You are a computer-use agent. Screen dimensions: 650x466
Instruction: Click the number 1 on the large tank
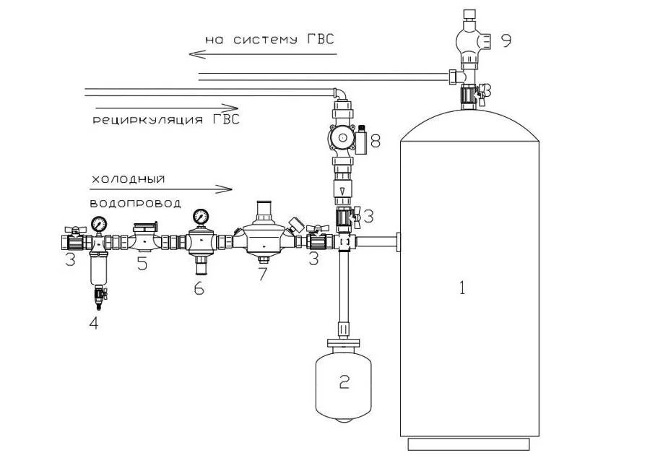(x=463, y=288)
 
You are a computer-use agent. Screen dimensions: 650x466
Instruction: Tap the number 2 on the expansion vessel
(x=344, y=381)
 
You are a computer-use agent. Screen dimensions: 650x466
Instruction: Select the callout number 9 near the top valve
(x=506, y=40)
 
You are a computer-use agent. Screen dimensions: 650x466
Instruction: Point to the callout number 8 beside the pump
(x=375, y=142)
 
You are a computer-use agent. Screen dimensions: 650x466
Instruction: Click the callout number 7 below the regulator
(x=262, y=274)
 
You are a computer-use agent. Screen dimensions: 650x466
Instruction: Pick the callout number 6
(x=199, y=288)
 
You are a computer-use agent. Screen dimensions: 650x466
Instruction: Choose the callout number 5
(x=142, y=264)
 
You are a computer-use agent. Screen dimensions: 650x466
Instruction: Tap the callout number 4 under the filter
(x=94, y=323)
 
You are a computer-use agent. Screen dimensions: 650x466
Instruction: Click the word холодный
(x=128, y=179)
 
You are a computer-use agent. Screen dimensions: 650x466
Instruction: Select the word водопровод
(x=136, y=203)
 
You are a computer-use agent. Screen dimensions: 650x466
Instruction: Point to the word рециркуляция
(x=147, y=120)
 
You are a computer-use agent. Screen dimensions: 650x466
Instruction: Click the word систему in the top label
(x=265, y=40)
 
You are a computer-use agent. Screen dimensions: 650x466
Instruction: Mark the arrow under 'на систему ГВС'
(x=263, y=54)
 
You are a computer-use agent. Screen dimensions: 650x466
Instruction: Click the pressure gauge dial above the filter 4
(x=100, y=224)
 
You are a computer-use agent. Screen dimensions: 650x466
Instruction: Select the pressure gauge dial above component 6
(x=201, y=217)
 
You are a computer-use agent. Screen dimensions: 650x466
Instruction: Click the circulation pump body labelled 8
(x=342, y=139)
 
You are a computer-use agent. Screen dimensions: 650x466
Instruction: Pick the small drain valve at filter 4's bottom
(x=99, y=296)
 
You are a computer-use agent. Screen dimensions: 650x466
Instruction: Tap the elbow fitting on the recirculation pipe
(x=340, y=94)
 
